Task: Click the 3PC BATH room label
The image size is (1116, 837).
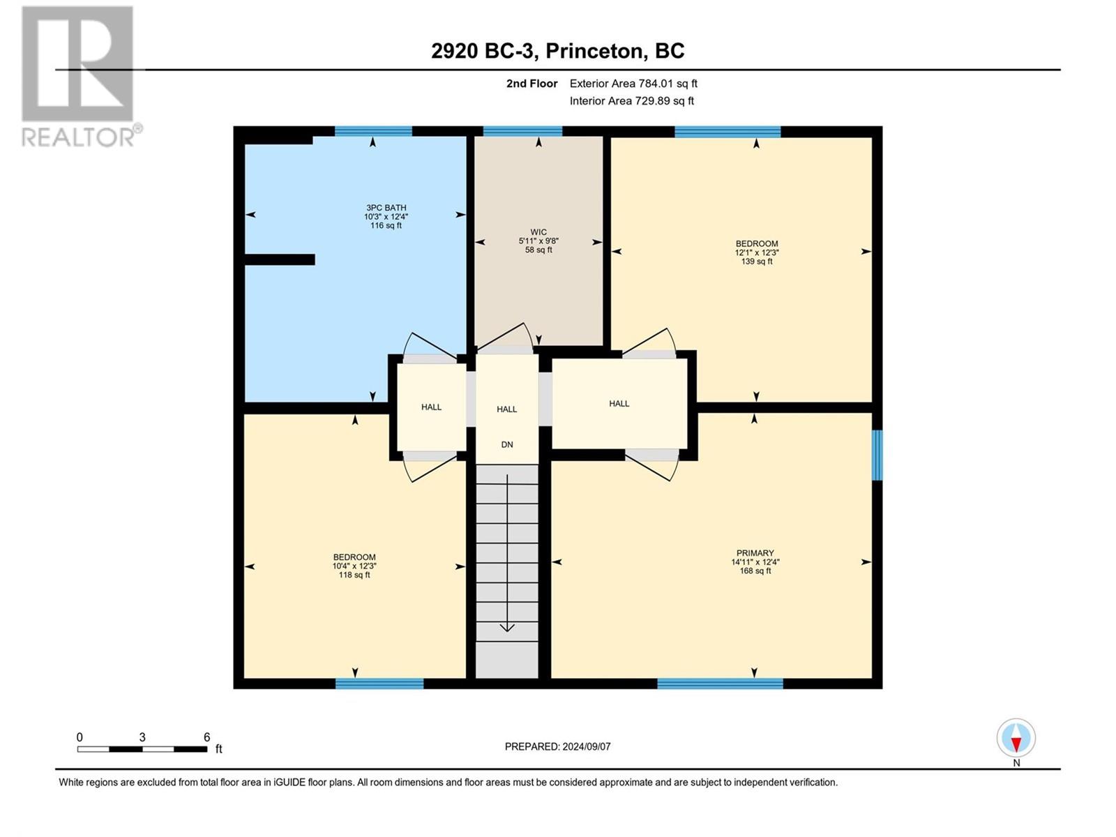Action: (x=386, y=208)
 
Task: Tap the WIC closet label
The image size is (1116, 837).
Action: (x=538, y=232)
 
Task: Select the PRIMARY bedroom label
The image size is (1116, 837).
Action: (x=755, y=553)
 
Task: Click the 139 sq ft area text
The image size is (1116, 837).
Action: (x=756, y=262)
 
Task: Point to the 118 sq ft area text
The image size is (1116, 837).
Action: (x=354, y=575)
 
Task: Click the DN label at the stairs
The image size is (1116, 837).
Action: (x=507, y=444)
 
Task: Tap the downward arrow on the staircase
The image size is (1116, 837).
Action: (x=507, y=626)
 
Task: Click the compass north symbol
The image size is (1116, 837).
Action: (x=1016, y=739)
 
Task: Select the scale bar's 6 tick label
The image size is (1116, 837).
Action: (x=206, y=737)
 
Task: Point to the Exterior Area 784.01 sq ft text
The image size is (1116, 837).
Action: (x=633, y=84)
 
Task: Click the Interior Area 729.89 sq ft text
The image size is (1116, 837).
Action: (x=631, y=101)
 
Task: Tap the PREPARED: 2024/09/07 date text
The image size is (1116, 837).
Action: (x=557, y=746)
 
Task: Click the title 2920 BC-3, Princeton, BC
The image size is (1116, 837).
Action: (x=557, y=51)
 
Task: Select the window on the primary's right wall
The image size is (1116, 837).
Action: (x=877, y=455)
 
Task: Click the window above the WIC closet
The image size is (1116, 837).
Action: (x=522, y=131)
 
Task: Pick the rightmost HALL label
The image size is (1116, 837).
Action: (x=619, y=404)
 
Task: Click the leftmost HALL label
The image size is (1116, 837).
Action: (x=431, y=407)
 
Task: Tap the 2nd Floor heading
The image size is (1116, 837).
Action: (x=531, y=84)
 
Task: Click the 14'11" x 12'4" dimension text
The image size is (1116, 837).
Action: (x=755, y=562)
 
